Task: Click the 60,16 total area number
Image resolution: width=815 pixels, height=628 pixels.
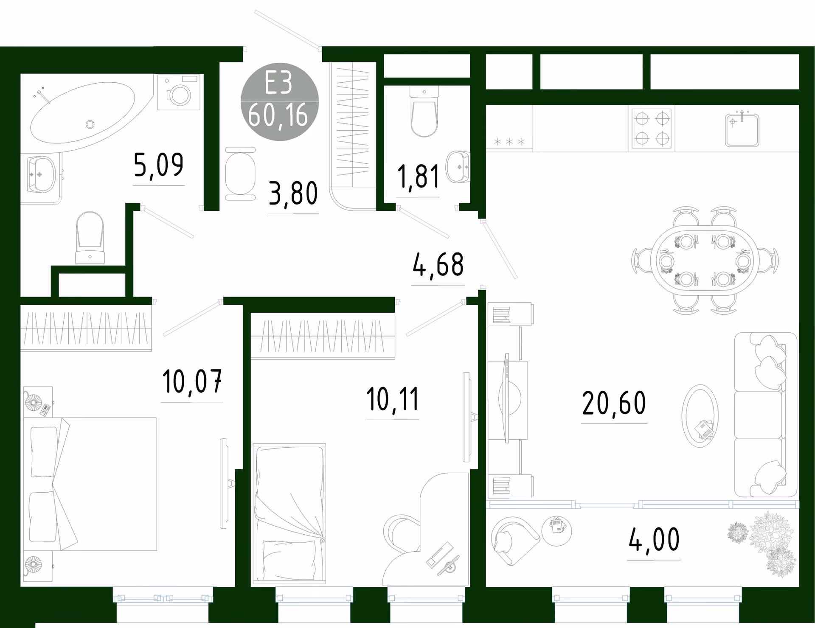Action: (278, 115)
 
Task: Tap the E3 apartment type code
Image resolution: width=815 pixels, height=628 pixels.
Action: (278, 83)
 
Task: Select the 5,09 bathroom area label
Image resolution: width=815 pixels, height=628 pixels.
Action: (158, 165)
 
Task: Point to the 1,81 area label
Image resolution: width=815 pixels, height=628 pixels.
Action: (418, 177)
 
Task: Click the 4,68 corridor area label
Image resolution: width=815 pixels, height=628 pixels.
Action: (438, 265)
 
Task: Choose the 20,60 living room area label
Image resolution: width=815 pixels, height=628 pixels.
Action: (614, 403)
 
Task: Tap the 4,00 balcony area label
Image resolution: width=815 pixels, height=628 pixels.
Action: (654, 540)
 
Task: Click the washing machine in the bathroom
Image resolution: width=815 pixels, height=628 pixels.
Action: (179, 92)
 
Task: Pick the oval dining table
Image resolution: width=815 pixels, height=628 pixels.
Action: (705, 260)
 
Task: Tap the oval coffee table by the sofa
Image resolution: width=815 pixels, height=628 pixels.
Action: (700, 415)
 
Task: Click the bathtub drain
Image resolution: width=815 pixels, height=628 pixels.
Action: (90, 124)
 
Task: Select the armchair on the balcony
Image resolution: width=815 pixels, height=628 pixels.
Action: (514, 540)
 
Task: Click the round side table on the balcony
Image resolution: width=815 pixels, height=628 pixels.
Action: (556, 530)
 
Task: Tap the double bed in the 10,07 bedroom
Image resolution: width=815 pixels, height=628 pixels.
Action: (90, 484)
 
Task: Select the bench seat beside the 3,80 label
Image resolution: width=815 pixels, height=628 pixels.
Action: (240, 174)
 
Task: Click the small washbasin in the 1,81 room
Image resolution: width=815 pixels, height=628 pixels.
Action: (458, 167)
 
